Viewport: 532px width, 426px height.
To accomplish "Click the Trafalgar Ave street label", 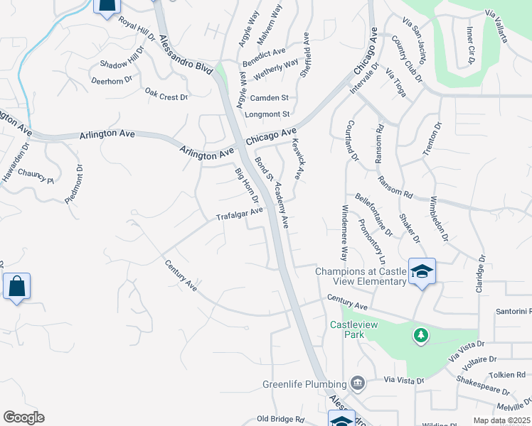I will coord(240,214).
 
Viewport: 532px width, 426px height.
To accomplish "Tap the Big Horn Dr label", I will coord(246,185).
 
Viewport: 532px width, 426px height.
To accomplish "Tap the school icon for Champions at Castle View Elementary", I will coord(422,271).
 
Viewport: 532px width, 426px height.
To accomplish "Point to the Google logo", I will coord(23,417).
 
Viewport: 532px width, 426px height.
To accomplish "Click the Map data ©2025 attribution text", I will coord(501,420).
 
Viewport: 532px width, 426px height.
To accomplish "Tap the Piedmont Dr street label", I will coord(74,185).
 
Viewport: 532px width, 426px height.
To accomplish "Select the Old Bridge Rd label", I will coord(280,419).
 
